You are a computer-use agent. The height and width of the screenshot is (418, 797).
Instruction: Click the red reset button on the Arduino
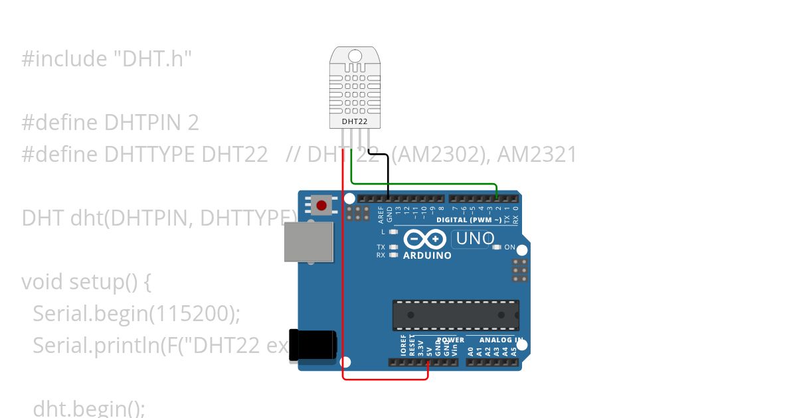point(321,206)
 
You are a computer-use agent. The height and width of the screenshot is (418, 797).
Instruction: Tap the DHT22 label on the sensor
point(355,122)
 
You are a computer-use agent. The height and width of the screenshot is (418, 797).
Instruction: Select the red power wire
point(343,279)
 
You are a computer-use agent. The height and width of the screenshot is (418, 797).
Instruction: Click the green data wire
point(425,182)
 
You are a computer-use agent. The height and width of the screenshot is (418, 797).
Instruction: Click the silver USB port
point(309,242)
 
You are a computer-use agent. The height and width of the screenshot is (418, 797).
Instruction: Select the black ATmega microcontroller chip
point(456,314)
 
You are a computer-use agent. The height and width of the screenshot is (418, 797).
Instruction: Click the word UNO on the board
point(475,239)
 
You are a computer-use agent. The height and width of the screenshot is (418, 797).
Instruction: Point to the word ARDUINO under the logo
point(427,255)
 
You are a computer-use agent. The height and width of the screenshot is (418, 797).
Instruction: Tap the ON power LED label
point(510,247)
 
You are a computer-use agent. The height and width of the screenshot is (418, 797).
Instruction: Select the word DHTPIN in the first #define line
point(151,123)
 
